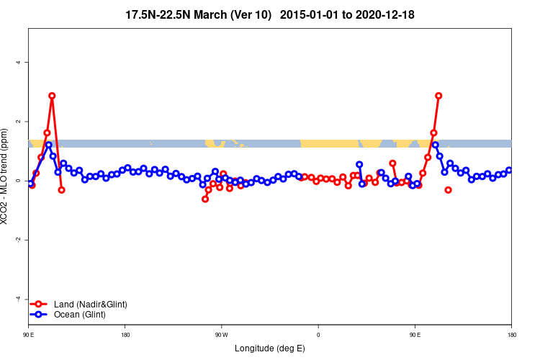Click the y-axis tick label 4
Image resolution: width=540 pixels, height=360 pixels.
tap(19, 62)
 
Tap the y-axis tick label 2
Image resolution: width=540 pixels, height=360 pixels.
tap(19, 121)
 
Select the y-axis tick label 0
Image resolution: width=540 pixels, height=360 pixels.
tap(19, 180)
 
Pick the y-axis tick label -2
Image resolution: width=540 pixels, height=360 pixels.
tap(19, 239)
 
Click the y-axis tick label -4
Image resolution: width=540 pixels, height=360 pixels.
tap(19, 298)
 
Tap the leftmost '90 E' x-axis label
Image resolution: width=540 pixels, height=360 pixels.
tap(28, 335)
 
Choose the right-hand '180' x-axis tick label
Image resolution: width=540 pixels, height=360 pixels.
tap(511, 335)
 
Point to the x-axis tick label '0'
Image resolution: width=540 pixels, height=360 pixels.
tap(318, 335)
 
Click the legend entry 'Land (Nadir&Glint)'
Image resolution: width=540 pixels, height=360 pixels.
tap(90, 305)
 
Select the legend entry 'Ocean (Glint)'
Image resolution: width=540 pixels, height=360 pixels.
tap(79, 315)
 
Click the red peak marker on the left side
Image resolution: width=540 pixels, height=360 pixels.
tap(52, 96)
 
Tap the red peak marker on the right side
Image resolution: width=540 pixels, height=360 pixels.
tap(438, 96)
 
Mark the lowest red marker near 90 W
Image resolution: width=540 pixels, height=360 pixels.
tap(205, 199)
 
